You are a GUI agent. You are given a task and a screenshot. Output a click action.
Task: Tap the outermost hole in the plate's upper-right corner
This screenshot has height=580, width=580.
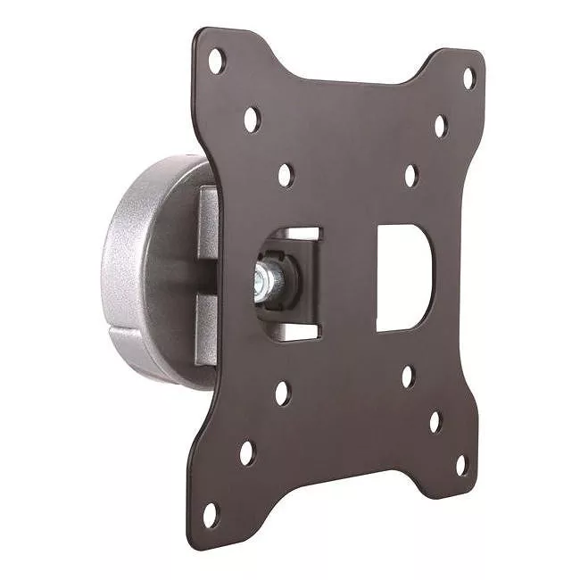[468, 78]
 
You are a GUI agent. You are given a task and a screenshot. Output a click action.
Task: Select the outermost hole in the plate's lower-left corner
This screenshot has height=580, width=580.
[210, 515]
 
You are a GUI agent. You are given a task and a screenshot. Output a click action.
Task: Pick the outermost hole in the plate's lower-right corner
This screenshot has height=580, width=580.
[461, 465]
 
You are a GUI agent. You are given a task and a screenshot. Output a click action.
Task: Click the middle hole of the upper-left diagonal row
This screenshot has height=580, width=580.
[252, 116]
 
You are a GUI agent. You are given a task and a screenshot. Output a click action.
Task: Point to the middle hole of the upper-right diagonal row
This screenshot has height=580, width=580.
[440, 126]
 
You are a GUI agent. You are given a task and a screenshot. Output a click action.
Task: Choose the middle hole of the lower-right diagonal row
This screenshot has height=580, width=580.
[435, 421]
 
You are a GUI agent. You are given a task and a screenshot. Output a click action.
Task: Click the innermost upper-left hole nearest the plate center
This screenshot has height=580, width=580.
[286, 174]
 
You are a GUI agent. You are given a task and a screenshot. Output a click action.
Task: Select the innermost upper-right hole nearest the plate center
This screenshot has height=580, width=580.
[410, 175]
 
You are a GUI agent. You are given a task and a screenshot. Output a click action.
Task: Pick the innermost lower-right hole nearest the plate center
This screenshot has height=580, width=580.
[407, 377]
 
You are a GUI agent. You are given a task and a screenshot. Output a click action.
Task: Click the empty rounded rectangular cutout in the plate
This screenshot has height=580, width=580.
[403, 278]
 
